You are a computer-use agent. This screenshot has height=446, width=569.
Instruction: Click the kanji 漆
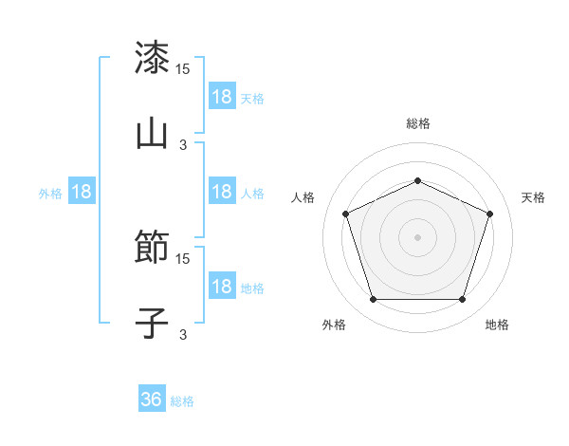[152, 58]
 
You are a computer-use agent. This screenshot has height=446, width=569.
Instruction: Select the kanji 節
[152, 248]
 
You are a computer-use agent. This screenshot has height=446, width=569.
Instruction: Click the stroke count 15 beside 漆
[183, 69]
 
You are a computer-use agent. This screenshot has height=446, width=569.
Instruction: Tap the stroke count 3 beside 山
[183, 144]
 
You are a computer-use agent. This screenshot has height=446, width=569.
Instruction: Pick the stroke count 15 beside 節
[183, 259]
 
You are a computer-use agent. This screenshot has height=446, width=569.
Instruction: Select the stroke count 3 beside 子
[183, 334]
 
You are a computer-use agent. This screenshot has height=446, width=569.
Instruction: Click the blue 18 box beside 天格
[222, 97]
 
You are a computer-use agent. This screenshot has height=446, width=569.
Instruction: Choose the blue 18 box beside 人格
[222, 192]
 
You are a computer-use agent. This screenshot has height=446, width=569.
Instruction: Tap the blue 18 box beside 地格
[222, 287]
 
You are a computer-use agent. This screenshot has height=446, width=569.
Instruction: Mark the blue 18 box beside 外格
[82, 192]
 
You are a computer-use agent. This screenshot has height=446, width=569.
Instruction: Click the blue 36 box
[152, 400]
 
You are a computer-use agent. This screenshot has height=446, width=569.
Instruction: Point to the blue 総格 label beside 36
[183, 401]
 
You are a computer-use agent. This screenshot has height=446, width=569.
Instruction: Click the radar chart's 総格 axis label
[417, 123]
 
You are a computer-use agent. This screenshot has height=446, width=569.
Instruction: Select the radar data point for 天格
[490, 214]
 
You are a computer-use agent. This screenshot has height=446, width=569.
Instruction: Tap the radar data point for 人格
[345, 214]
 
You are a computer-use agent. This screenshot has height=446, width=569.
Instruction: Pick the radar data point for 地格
[462, 300]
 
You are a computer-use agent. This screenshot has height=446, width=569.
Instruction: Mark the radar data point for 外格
[373, 300]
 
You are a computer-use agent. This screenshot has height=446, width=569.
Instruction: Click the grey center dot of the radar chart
[417, 237]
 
